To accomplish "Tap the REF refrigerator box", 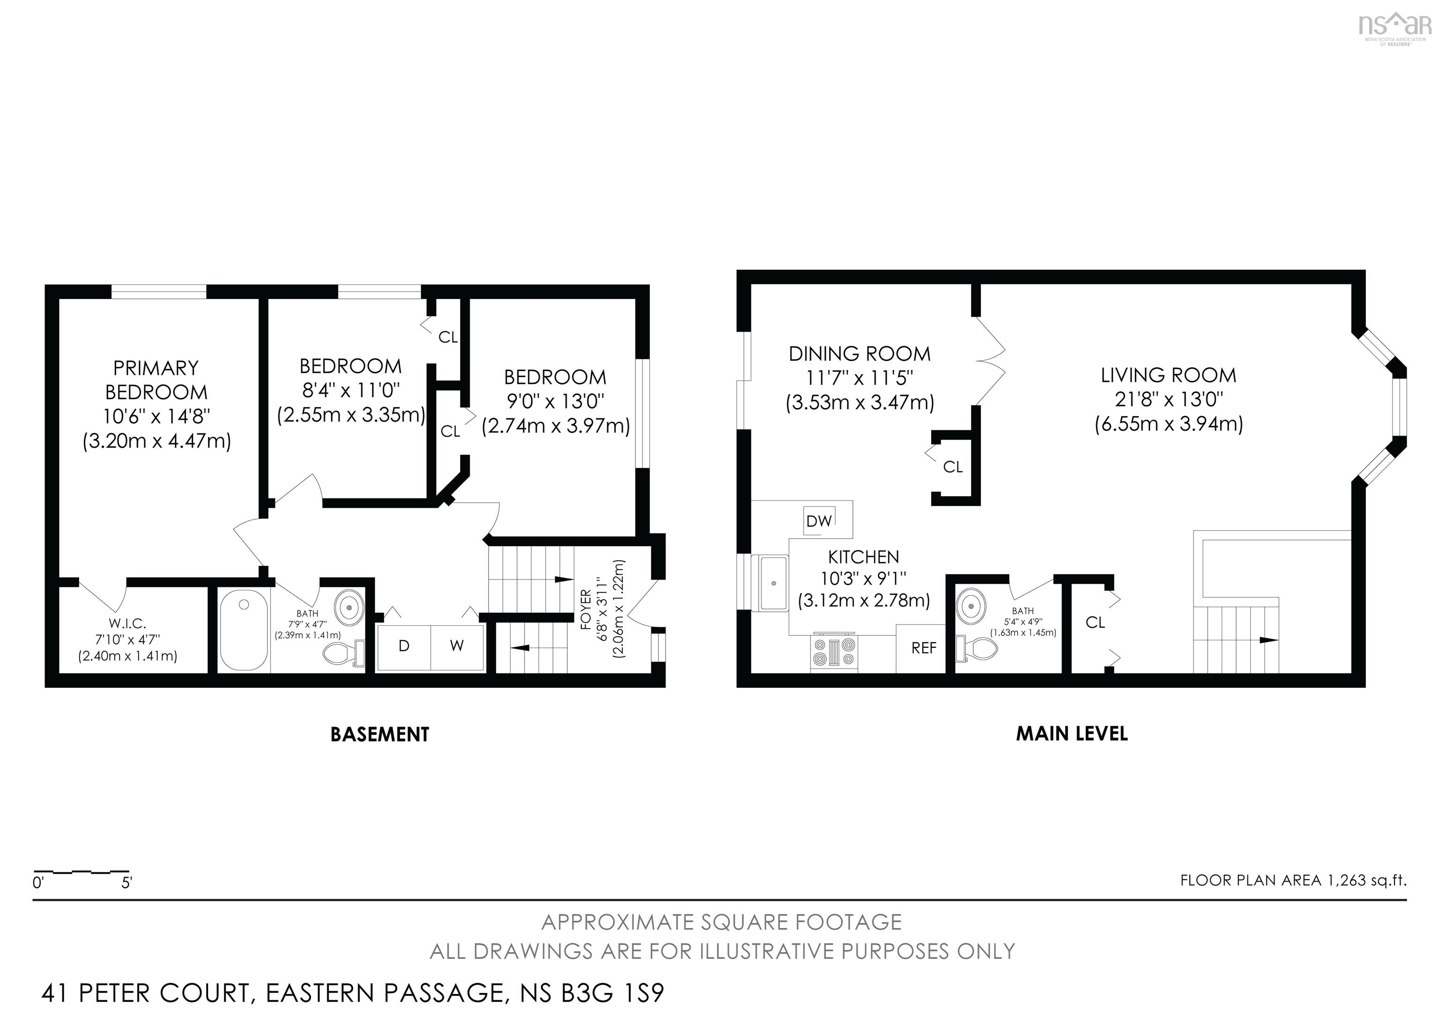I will [x=923, y=648].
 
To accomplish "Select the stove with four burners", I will [x=834, y=651].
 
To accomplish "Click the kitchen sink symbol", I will [x=773, y=583].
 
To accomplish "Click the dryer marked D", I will [x=404, y=646].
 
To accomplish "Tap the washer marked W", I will [x=457, y=646].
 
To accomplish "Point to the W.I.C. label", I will [x=127, y=624].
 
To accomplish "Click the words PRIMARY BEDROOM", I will [x=156, y=380].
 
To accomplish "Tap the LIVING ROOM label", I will [x=1168, y=375].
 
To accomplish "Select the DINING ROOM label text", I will [x=859, y=354].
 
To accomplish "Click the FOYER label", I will [x=586, y=609].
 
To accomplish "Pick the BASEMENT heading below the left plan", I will [x=380, y=735].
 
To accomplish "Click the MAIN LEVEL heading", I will [x=1072, y=734].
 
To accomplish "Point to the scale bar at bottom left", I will [x=82, y=872].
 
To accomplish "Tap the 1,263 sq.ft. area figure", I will [x=1367, y=880].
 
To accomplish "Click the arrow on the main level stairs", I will [x=1268, y=640].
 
